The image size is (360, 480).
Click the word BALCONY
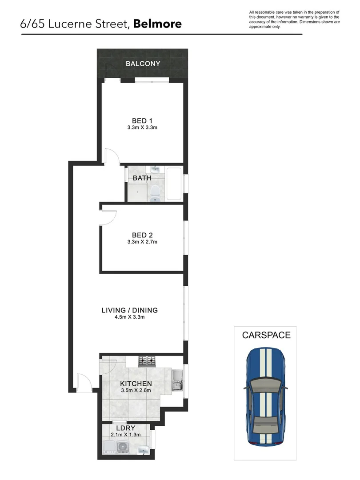point(143,64)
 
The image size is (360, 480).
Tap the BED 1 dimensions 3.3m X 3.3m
point(143,128)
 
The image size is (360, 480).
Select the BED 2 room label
point(143,235)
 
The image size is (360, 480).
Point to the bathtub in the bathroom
point(174,184)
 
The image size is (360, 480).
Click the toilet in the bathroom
point(155,192)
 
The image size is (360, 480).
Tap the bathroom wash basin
point(156,169)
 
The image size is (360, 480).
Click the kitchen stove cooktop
point(147,361)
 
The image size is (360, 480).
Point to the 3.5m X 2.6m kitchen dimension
point(136,391)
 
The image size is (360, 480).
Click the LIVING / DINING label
point(130,310)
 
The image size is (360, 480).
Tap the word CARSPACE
point(266,335)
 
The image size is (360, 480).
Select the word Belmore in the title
point(157,24)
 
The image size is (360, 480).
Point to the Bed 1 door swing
point(112,156)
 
